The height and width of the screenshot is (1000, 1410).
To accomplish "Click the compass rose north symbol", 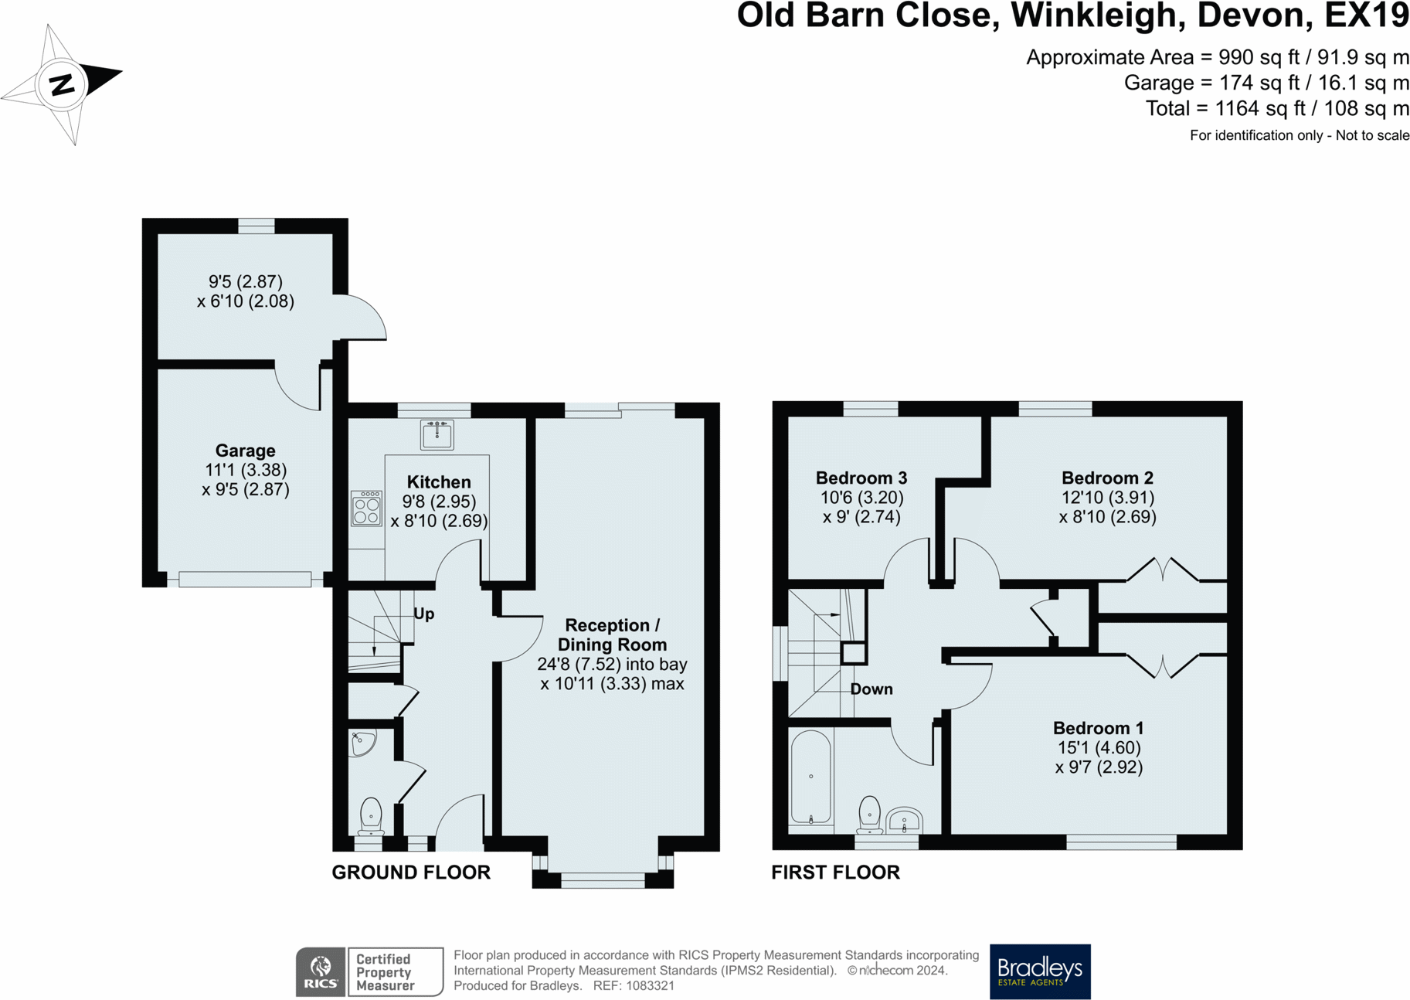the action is (x=62, y=84).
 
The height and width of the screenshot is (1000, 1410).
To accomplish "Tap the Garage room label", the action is (x=245, y=451).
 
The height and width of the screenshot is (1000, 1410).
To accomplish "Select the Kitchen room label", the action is (x=439, y=482).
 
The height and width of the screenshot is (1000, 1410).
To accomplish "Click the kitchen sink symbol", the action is (x=437, y=434).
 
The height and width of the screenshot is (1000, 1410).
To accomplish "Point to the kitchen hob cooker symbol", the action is (x=366, y=509).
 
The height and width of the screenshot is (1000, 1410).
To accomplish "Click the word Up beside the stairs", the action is (x=424, y=614).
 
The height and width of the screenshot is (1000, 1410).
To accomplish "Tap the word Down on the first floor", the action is (x=871, y=689).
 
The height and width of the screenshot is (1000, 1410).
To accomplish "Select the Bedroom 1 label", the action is (x=1098, y=728).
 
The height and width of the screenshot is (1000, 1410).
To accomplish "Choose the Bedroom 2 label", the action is (x=1107, y=478).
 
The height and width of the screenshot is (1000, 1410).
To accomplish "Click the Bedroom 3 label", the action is (x=861, y=478).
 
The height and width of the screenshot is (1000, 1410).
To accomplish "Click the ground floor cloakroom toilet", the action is (x=371, y=816).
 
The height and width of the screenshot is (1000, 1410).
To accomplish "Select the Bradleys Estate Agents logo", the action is (x=1040, y=971).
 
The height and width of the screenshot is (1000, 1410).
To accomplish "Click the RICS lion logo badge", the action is (x=321, y=971).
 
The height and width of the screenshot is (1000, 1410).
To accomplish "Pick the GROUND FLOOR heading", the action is (x=411, y=872).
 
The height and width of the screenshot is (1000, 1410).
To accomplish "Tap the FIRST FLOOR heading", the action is (x=835, y=872).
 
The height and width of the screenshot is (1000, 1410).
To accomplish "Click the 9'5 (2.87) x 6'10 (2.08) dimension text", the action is (x=246, y=291).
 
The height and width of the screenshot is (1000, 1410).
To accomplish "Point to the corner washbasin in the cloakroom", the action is (x=362, y=743).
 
